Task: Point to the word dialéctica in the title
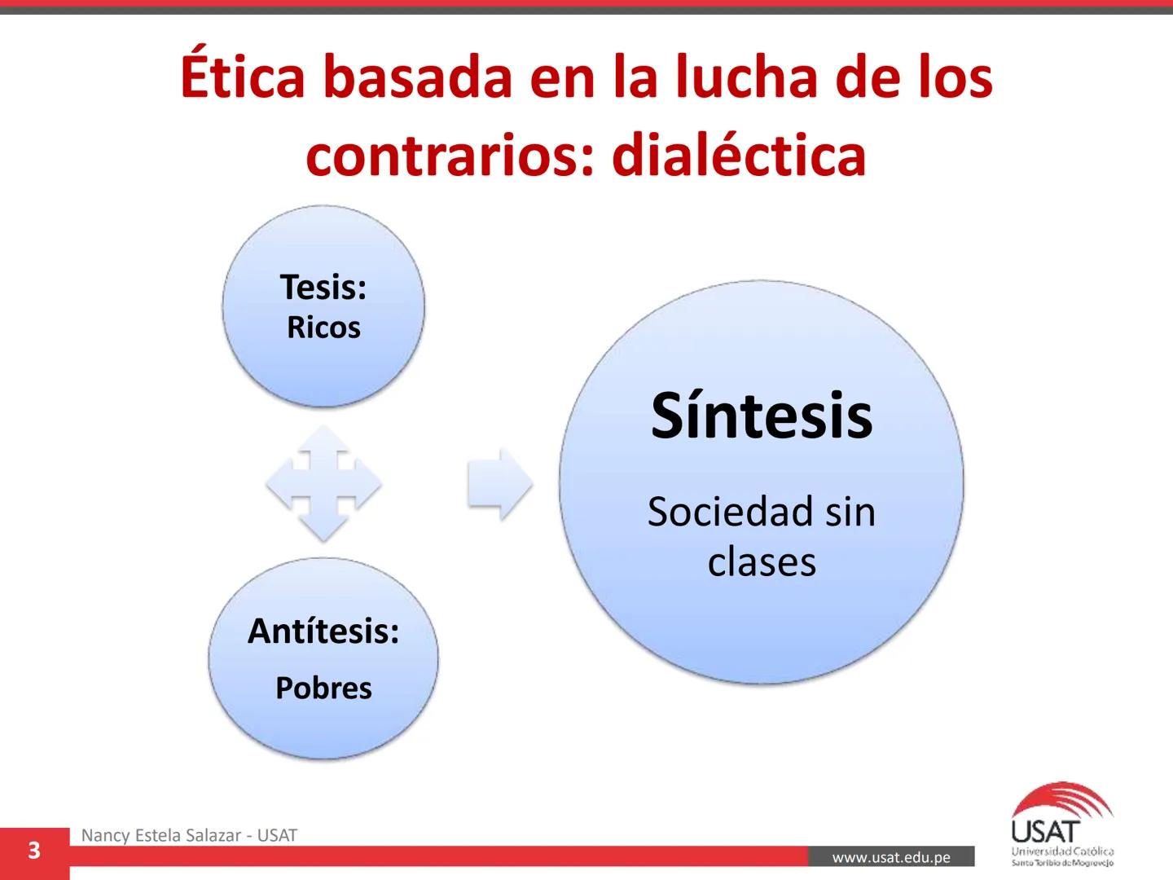click(x=738, y=155)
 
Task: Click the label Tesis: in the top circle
click(x=323, y=287)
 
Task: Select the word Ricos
click(x=323, y=328)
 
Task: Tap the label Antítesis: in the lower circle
click(x=323, y=631)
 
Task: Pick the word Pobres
click(x=323, y=688)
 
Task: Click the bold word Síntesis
click(x=761, y=416)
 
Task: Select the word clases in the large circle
click(x=761, y=561)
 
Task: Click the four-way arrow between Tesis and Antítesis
click(x=323, y=483)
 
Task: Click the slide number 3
click(x=33, y=851)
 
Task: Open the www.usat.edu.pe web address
click(x=891, y=857)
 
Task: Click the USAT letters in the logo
click(x=1045, y=832)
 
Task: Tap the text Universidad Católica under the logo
click(x=1062, y=851)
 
